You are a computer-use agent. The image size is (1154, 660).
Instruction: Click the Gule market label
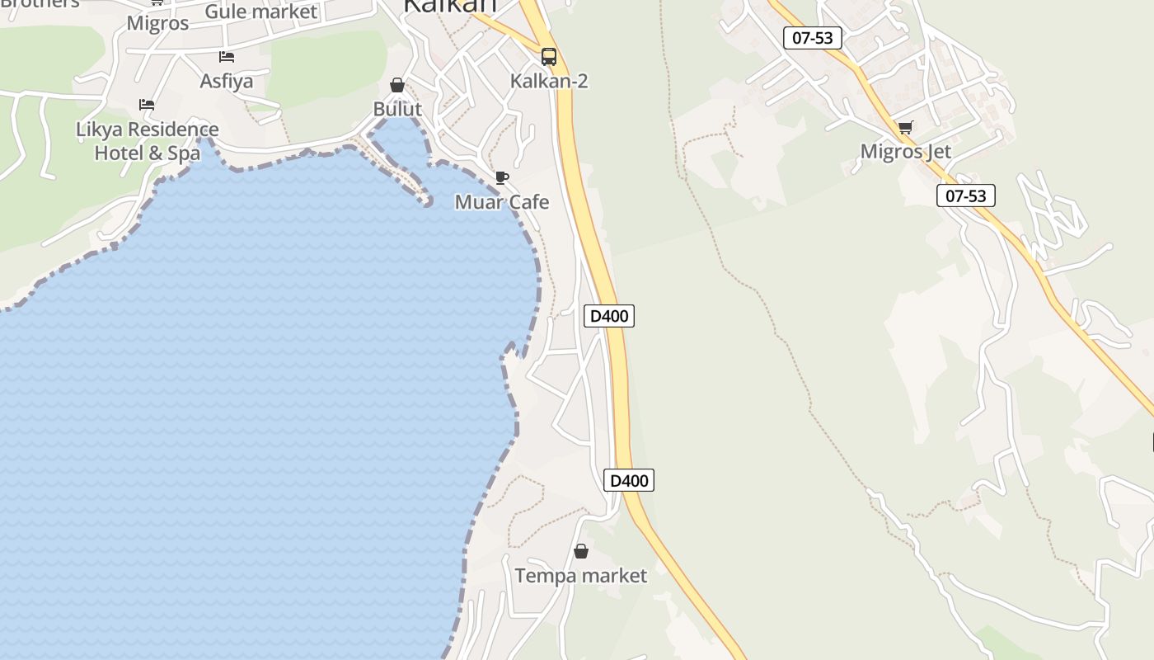point(260,12)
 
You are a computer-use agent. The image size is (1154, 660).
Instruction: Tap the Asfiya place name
point(227,81)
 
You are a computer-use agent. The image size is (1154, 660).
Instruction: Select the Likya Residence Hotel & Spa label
point(148,141)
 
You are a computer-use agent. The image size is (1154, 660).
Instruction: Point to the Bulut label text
point(397,109)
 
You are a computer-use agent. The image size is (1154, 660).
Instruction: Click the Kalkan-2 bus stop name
point(549,81)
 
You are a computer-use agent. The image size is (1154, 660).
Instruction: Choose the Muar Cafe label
point(502,202)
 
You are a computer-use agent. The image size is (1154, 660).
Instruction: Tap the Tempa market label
point(581,575)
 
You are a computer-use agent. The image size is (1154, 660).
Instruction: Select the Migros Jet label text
point(905,152)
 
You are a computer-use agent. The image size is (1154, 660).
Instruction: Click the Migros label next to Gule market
point(157,23)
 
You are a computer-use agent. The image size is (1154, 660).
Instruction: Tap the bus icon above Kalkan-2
point(549,57)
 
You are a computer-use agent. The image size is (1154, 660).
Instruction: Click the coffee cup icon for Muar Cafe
point(501,177)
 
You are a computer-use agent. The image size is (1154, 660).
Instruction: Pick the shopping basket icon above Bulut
point(397,85)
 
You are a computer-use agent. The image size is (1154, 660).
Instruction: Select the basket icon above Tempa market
point(581,551)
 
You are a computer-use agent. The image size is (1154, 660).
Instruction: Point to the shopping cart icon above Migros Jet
point(905,127)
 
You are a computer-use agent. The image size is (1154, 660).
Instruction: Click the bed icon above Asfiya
point(227,57)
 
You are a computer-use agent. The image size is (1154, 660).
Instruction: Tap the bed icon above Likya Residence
point(147,105)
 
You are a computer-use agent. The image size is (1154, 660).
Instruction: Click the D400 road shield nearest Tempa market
point(629,480)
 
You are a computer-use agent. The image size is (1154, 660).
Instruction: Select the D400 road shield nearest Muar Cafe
point(609,315)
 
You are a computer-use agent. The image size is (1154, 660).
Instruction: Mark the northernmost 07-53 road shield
point(812,38)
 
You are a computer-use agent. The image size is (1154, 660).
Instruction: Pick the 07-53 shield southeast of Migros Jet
point(966,196)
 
